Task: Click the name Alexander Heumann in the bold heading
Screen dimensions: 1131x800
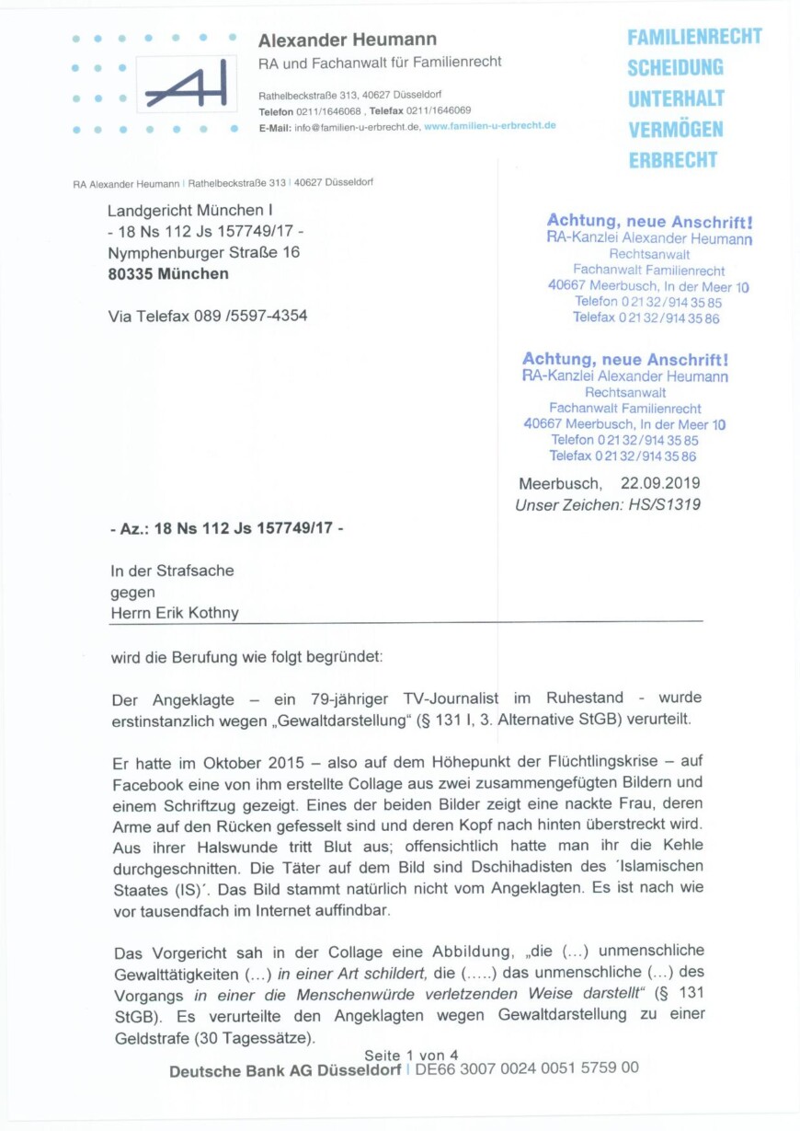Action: (x=347, y=40)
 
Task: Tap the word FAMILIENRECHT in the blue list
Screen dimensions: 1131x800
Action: (x=694, y=37)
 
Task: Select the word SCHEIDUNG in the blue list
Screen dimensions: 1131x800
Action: (x=675, y=67)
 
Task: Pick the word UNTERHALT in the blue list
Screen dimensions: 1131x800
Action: (x=676, y=98)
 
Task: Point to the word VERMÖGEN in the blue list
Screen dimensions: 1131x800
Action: (x=675, y=130)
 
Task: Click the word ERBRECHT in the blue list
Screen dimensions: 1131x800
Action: (x=672, y=160)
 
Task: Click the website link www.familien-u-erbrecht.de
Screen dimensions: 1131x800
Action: (x=490, y=125)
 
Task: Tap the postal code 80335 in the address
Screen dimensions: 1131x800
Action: (x=130, y=273)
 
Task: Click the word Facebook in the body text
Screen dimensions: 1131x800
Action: (x=148, y=785)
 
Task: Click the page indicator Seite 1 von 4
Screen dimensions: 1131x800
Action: (x=411, y=1055)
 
